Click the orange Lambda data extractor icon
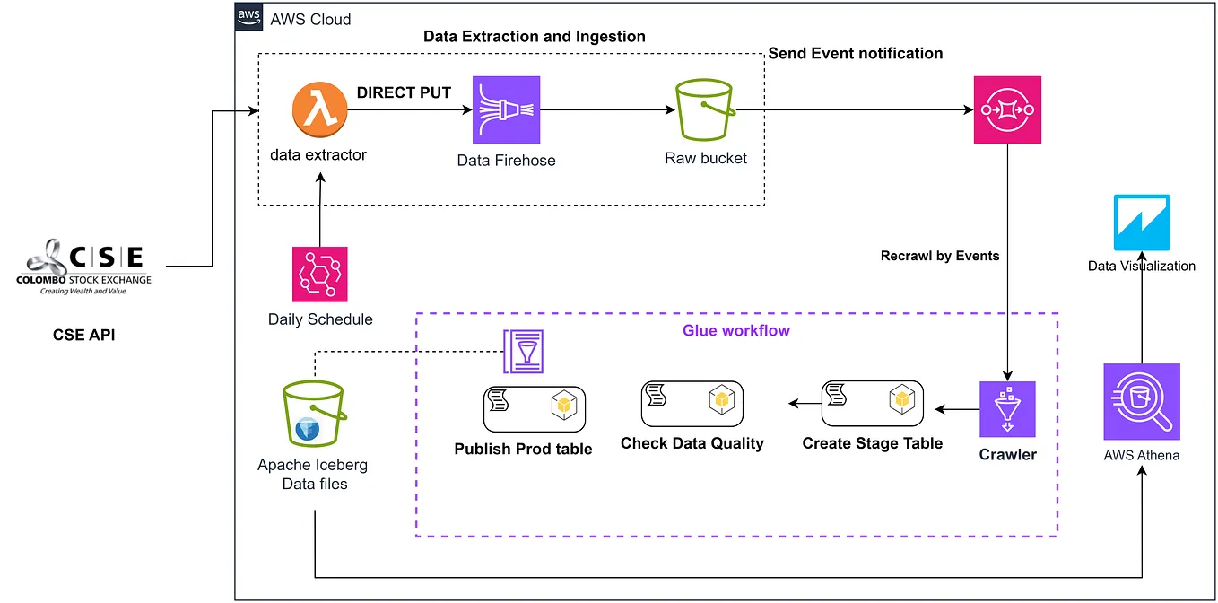pyautogui.click(x=318, y=111)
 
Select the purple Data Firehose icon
pyautogui.click(x=506, y=109)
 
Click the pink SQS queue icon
pyautogui.click(x=1007, y=109)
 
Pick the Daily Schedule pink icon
pyautogui.click(x=319, y=274)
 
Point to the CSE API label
pyautogui.click(x=83, y=336)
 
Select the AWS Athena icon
pyautogui.click(x=1141, y=401)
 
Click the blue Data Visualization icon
pyautogui.click(x=1141, y=223)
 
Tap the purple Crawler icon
pyautogui.click(x=1007, y=409)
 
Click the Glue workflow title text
pyautogui.click(x=735, y=330)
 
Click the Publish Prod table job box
pyautogui.click(x=534, y=408)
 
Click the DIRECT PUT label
pyautogui.click(x=404, y=92)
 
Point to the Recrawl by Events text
pyautogui.click(x=940, y=256)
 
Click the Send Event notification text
pyautogui.click(x=855, y=54)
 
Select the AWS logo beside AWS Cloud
pyautogui.click(x=248, y=18)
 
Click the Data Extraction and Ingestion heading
pyautogui.click(x=534, y=37)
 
